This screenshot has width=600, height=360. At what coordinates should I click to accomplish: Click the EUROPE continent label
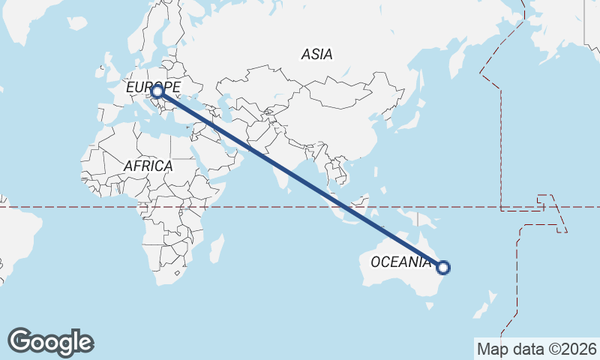click(x=152, y=88)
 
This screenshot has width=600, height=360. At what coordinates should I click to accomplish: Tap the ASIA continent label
click(x=316, y=54)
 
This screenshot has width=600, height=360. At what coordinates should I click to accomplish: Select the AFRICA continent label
click(x=148, y=166)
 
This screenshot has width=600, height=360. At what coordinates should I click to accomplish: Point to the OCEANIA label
click(x=401, y=262)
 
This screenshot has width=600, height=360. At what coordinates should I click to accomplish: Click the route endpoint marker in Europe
click(x=157, y=91)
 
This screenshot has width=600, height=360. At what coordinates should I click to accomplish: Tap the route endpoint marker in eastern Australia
click(x=443, y=267)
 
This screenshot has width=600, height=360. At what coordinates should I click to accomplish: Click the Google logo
click(x=50, y=342)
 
